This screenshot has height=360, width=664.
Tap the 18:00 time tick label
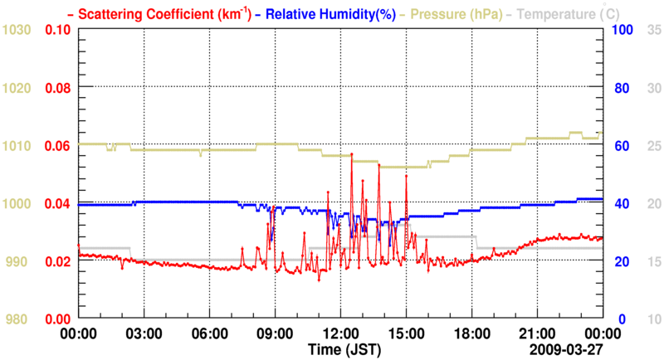[471, 333]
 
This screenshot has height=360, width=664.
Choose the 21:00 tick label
[537, 333]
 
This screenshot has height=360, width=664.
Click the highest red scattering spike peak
[352, 155]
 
